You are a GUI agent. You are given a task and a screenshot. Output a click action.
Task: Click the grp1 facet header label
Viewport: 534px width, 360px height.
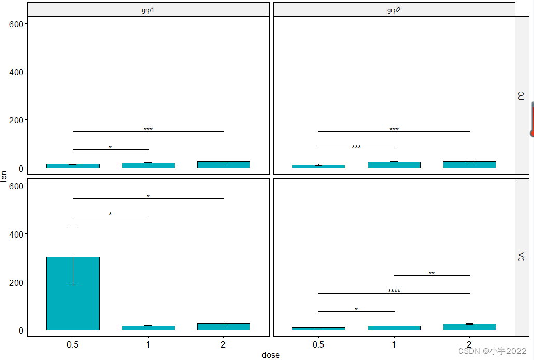coord(148,10)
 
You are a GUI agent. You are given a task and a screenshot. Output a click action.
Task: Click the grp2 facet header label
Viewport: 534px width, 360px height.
coord(394,10)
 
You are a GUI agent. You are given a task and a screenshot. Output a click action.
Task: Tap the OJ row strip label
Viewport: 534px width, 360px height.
coord(521,95)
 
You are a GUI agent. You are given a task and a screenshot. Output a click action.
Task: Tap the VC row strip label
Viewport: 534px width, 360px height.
coord(521,257)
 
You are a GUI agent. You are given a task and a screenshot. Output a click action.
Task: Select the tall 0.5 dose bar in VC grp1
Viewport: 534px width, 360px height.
coord(73,293)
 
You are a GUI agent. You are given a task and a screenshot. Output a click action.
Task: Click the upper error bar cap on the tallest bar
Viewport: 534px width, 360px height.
coord(73,228)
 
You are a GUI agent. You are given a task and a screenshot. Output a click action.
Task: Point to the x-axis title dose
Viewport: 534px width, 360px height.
coord(271,355)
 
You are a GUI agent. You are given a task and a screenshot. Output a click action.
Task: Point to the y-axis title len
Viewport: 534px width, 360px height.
coord(4,176)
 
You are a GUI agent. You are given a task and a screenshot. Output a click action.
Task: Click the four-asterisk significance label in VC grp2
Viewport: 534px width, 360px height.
coord(394,292)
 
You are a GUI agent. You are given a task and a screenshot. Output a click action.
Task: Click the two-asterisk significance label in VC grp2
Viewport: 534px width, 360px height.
coord(432,274)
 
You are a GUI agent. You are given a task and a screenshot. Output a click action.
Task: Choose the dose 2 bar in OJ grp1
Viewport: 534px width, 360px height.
coord(223,164)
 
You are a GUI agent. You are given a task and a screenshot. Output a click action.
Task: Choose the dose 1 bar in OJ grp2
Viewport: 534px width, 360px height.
coord(394,165)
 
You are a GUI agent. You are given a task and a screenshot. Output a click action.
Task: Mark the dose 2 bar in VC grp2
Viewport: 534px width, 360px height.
coord(469,327)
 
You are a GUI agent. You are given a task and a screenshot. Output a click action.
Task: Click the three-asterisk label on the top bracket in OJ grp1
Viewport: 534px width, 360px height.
coord(148,130)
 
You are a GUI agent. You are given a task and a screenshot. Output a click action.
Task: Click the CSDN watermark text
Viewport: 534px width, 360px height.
coord(492,351)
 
